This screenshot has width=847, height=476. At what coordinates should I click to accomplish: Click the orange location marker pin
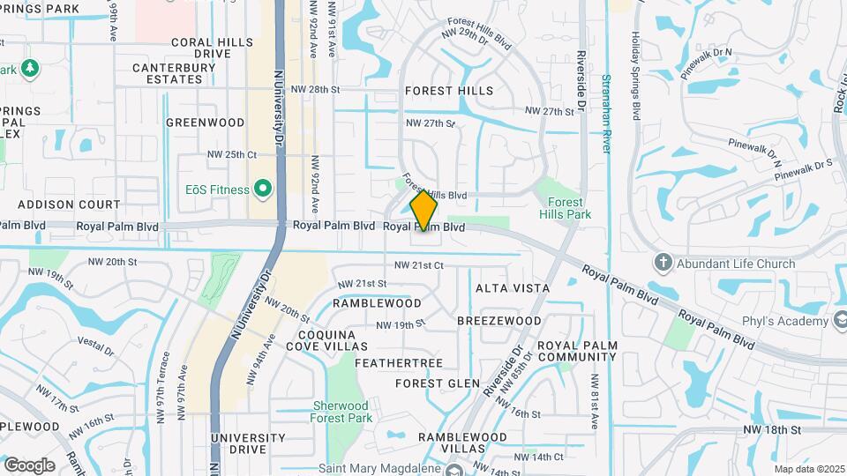coord(424,210)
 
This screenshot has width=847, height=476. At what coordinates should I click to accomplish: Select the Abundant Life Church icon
coord(663,263)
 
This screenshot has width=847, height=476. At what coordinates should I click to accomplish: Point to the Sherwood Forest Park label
coord(341,411)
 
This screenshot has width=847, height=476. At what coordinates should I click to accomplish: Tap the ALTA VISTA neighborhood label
coord(513,288)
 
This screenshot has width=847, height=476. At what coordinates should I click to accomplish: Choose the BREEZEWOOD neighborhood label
coord(499,321)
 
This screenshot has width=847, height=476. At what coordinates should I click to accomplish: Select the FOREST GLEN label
coord(438,383)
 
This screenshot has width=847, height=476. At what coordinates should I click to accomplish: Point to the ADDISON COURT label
coord(56,204)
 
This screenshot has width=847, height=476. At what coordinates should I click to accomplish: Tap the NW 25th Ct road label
coord(231,154)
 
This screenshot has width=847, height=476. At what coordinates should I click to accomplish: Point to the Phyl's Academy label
coord(786,322)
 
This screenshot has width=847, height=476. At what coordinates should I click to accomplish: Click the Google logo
coord(29,465)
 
